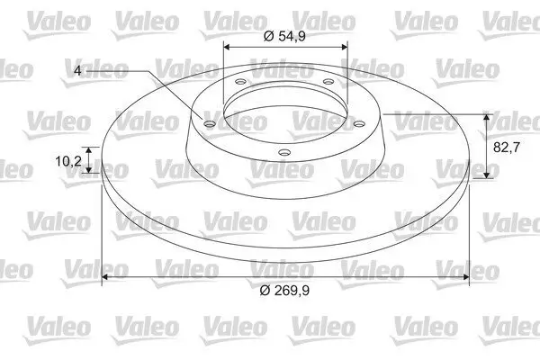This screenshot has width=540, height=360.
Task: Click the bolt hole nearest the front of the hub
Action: point(283,152)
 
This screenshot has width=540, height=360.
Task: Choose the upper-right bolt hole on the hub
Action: point(328,84)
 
